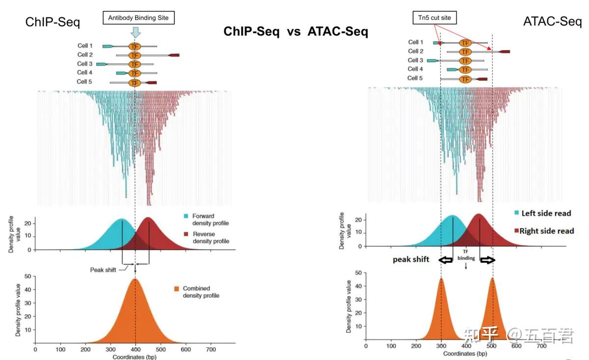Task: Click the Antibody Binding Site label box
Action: pos(138,18)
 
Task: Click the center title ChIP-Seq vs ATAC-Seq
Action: pos(295,32)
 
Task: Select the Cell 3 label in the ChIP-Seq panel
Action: pos(85,64)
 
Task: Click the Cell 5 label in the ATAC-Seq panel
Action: pos(415,78)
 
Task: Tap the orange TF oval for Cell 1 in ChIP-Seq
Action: pos(134,46)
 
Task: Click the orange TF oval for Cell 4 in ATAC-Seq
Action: pos(465,70)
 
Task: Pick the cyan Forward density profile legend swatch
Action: pos(186,216)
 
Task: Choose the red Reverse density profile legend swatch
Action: pos(186,234)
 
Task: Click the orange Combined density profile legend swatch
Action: pos(177,289)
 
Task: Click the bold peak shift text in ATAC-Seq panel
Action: pos(411,259)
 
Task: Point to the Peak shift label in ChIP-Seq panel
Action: pos(103,270)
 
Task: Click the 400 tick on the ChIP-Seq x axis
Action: pos(135,350)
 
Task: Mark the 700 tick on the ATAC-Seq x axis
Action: pos(541,346)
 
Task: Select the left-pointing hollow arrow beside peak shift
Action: pos(446,260)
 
